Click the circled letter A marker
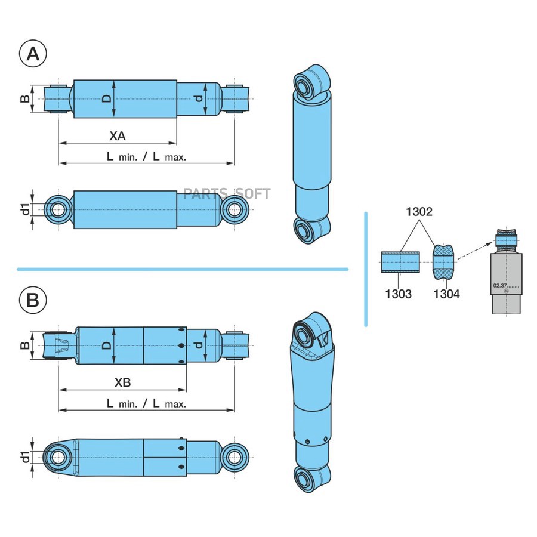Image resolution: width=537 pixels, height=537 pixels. pyautogui.click(x=33, y=54)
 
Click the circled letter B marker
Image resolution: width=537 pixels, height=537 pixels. pyautogui.click(x=33, y=300)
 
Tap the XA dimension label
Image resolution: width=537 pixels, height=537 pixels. pyautogui.click(x=118, y=136)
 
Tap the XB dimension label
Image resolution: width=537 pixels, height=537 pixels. pyautogui.click(x=122, y=382)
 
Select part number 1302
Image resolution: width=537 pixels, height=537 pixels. pyautogui.click(x=419, y=212)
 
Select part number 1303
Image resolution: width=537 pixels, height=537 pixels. pyautogui.click(x=399, y=294)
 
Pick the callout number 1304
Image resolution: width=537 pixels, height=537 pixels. pyautogui.click(x=446, y=294)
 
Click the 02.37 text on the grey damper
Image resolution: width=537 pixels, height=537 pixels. pyautogui.click(x=499, y=285)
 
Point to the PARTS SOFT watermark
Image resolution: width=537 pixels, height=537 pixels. pyautogui.click(x=227, y=194)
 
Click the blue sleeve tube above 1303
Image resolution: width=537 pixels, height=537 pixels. pyautogui.click(x=400, y=263)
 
